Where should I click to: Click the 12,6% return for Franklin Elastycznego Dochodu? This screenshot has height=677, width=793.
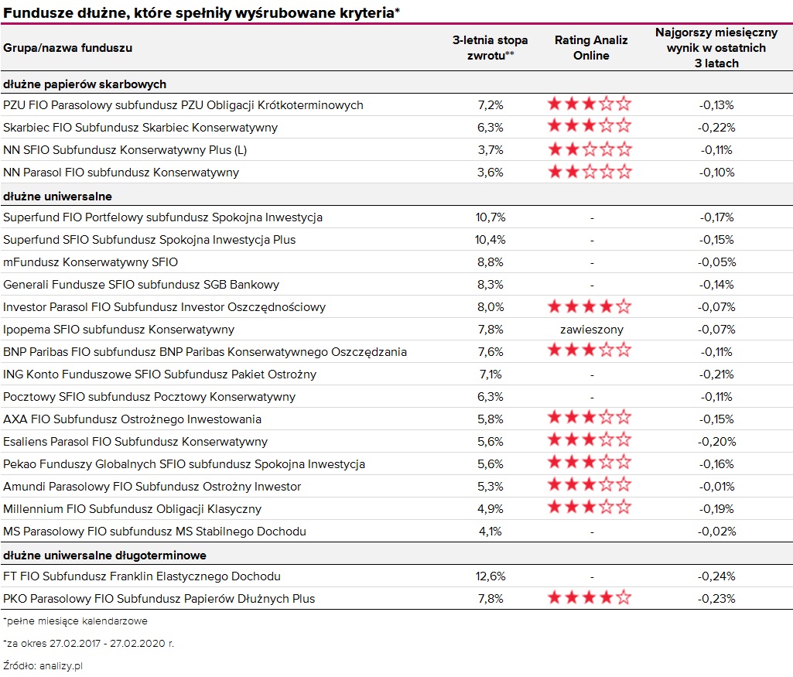(490, 576)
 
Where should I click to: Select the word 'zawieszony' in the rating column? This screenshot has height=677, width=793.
(592, 330)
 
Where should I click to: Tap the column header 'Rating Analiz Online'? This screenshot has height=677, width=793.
(591, 47)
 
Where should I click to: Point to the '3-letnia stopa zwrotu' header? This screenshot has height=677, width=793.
(490, 47)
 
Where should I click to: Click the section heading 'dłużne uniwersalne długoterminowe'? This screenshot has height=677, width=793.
(104, 556)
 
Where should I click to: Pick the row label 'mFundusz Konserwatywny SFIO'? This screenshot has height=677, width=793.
(91, 262)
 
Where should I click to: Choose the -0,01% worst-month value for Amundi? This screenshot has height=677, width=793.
(716, 487)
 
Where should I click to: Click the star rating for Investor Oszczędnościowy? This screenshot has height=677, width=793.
(590, 306)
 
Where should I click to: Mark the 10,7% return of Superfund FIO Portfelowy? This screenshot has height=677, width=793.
(490, 217)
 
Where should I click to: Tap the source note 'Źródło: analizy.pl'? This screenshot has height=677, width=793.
(43, 666)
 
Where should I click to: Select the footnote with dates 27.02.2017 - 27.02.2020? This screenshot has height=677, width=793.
(88, 644)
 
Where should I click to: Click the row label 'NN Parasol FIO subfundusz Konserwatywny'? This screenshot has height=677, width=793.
(121, 173)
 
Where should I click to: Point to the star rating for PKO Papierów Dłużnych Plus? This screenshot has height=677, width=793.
(590, 597)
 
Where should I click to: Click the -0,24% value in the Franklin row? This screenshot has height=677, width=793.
(716, 576)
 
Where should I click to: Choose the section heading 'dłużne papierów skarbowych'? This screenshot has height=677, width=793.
(84, 84)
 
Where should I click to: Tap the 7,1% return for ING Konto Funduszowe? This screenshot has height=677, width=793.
(490, 374)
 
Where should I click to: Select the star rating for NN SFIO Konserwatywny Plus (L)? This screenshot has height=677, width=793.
(590, 149)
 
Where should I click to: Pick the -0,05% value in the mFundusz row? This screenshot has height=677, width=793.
(716, 262)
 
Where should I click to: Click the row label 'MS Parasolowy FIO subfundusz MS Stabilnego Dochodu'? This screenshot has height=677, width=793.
(155, 532)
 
